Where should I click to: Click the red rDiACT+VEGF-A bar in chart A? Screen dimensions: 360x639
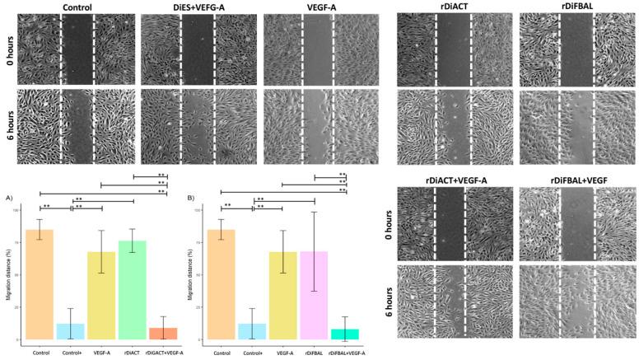click(162, 334)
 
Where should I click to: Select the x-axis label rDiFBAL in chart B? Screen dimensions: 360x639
click(313, 353)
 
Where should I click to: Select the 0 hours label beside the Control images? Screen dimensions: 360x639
click(7, 48)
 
